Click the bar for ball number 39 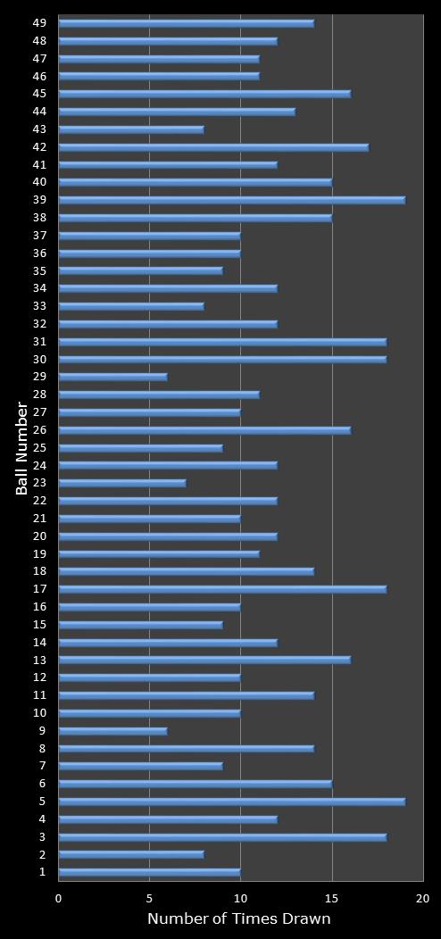click(x=232, y=200)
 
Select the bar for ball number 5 click(x=232, y=802)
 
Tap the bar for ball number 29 click(x=112, y=377)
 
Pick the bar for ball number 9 click(x=112, y=731)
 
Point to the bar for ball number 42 click(x=213, y=147)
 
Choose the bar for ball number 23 click(x=122, y=483)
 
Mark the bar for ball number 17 click(x=222, y=589)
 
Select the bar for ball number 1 click(x=149, y=872)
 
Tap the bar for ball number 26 click(x=204, y=430)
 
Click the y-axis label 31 click(x=40, y=342)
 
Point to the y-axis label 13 click(x=40, y=660)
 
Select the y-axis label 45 click(x=40, y=94)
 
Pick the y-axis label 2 click(x=42, y=854)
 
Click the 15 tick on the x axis click(x=332, y=898)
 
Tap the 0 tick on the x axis click(x=59, y=898)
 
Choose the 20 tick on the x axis click(x=422, y=898)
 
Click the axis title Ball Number click(x=22, y=448)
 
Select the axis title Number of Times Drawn click(x=239, y=918)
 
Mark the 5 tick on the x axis click(x=149, y=898)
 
